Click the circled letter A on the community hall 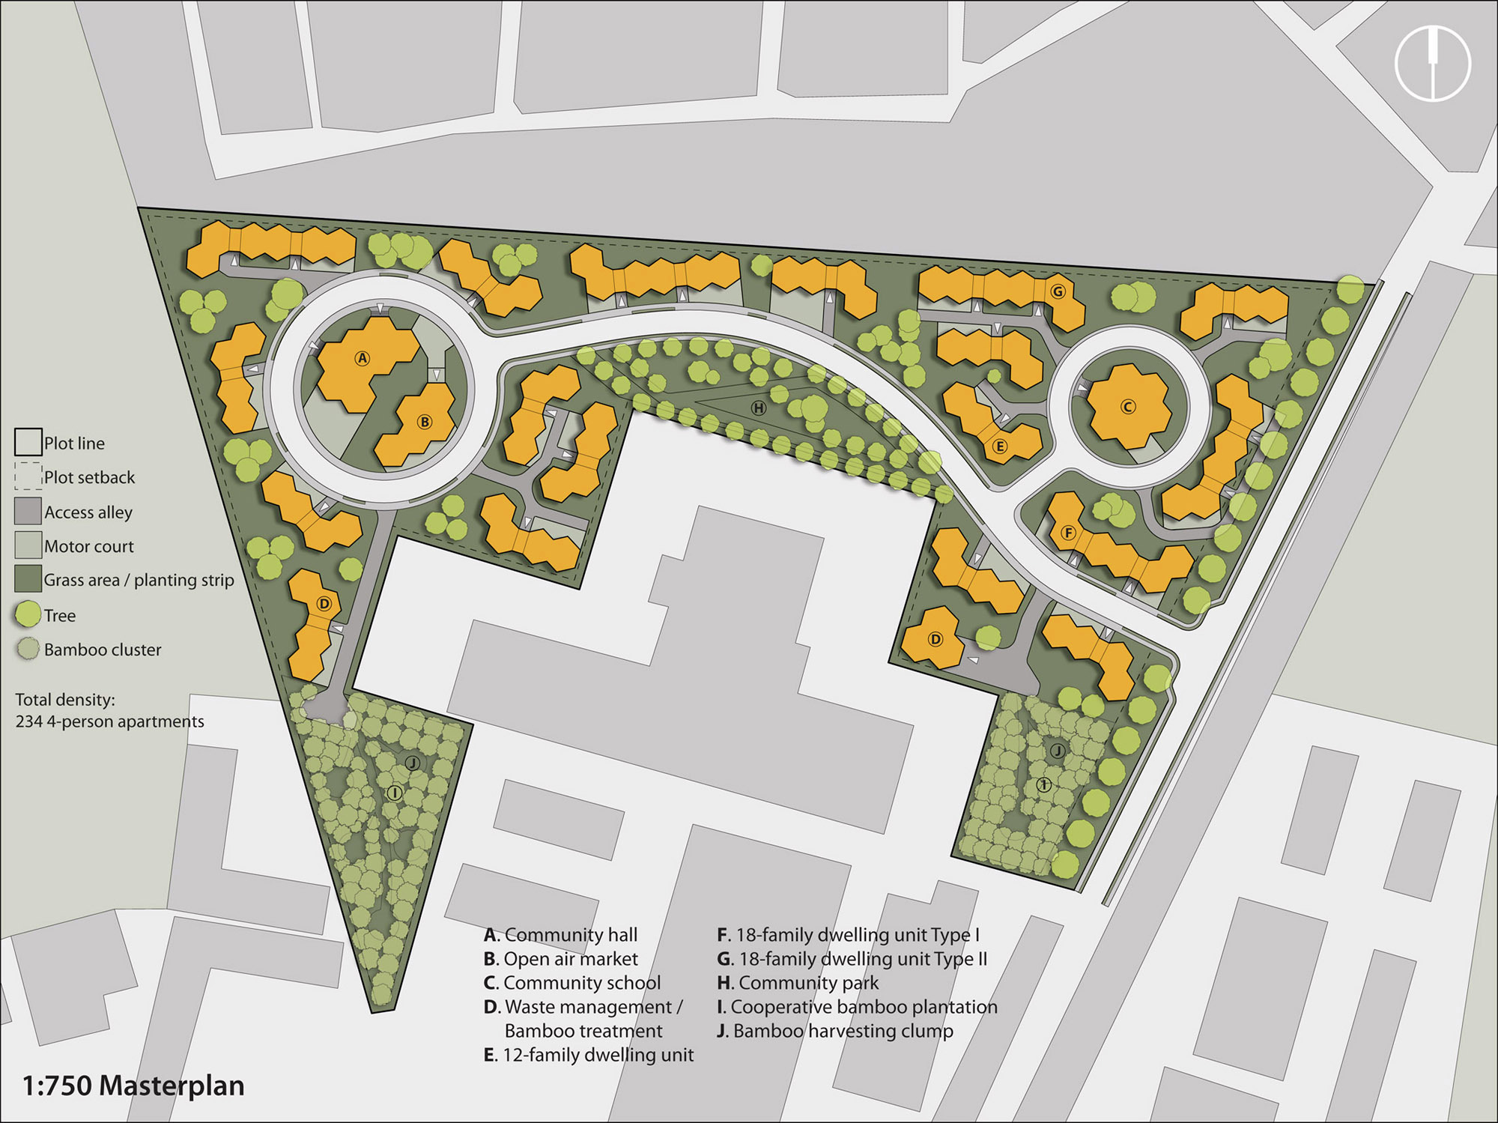tap(363, 358)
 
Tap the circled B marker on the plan tap(425, 422)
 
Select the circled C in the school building tap(1128, 407)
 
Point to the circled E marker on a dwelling tap(999, 447)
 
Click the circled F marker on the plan tap(1068, 533)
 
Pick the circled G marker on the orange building tap(1058, 291)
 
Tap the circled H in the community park tap(759, 408)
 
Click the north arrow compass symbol tap(1433, 63)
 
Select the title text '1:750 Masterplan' tap(133, 1086)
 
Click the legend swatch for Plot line tap(28, 442)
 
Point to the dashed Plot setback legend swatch tap(28, 476)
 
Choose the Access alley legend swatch tap(28, 511)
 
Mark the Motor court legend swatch tap(28, 545)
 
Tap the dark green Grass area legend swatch tap(28, 579)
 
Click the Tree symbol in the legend tap(28, 614)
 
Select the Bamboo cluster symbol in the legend tap(28, 649)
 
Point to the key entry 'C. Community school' tap(572, 983)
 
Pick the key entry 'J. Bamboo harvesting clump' tap(835, 1031)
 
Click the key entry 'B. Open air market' tap(561, 959)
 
